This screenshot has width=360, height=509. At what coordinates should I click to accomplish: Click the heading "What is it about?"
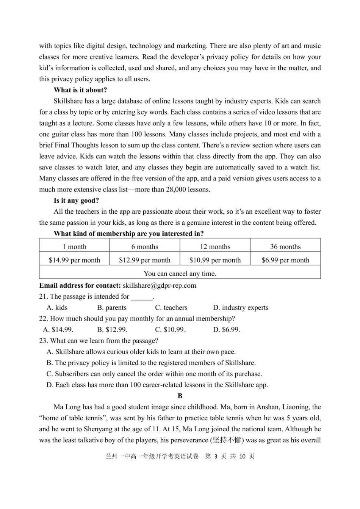pos(80,90)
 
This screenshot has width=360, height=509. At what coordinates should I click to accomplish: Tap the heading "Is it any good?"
pos(76,200)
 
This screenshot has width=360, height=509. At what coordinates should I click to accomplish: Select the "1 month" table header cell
pos(74,247)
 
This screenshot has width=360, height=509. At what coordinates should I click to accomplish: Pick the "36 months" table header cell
pos(285,247)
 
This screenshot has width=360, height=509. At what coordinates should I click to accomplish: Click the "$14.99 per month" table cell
pos(74,260)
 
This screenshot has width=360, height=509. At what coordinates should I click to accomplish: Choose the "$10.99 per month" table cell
pos(215,260)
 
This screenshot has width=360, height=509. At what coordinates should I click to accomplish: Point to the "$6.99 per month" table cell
pos(285,260)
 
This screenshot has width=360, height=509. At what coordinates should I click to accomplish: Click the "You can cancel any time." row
pos(180,274)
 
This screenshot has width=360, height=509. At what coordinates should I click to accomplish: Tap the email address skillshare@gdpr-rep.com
pos(159,286)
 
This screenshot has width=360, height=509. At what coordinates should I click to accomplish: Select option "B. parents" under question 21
pos(112,308)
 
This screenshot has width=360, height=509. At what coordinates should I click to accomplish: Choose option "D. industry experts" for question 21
pos(241,308)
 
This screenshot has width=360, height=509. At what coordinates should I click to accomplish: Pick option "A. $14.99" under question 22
pos(58,330)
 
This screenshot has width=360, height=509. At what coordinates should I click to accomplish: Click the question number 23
pos(43,341)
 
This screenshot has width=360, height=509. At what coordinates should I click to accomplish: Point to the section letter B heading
pos(180,396)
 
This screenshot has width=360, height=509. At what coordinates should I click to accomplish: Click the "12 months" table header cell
pos(215,247)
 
